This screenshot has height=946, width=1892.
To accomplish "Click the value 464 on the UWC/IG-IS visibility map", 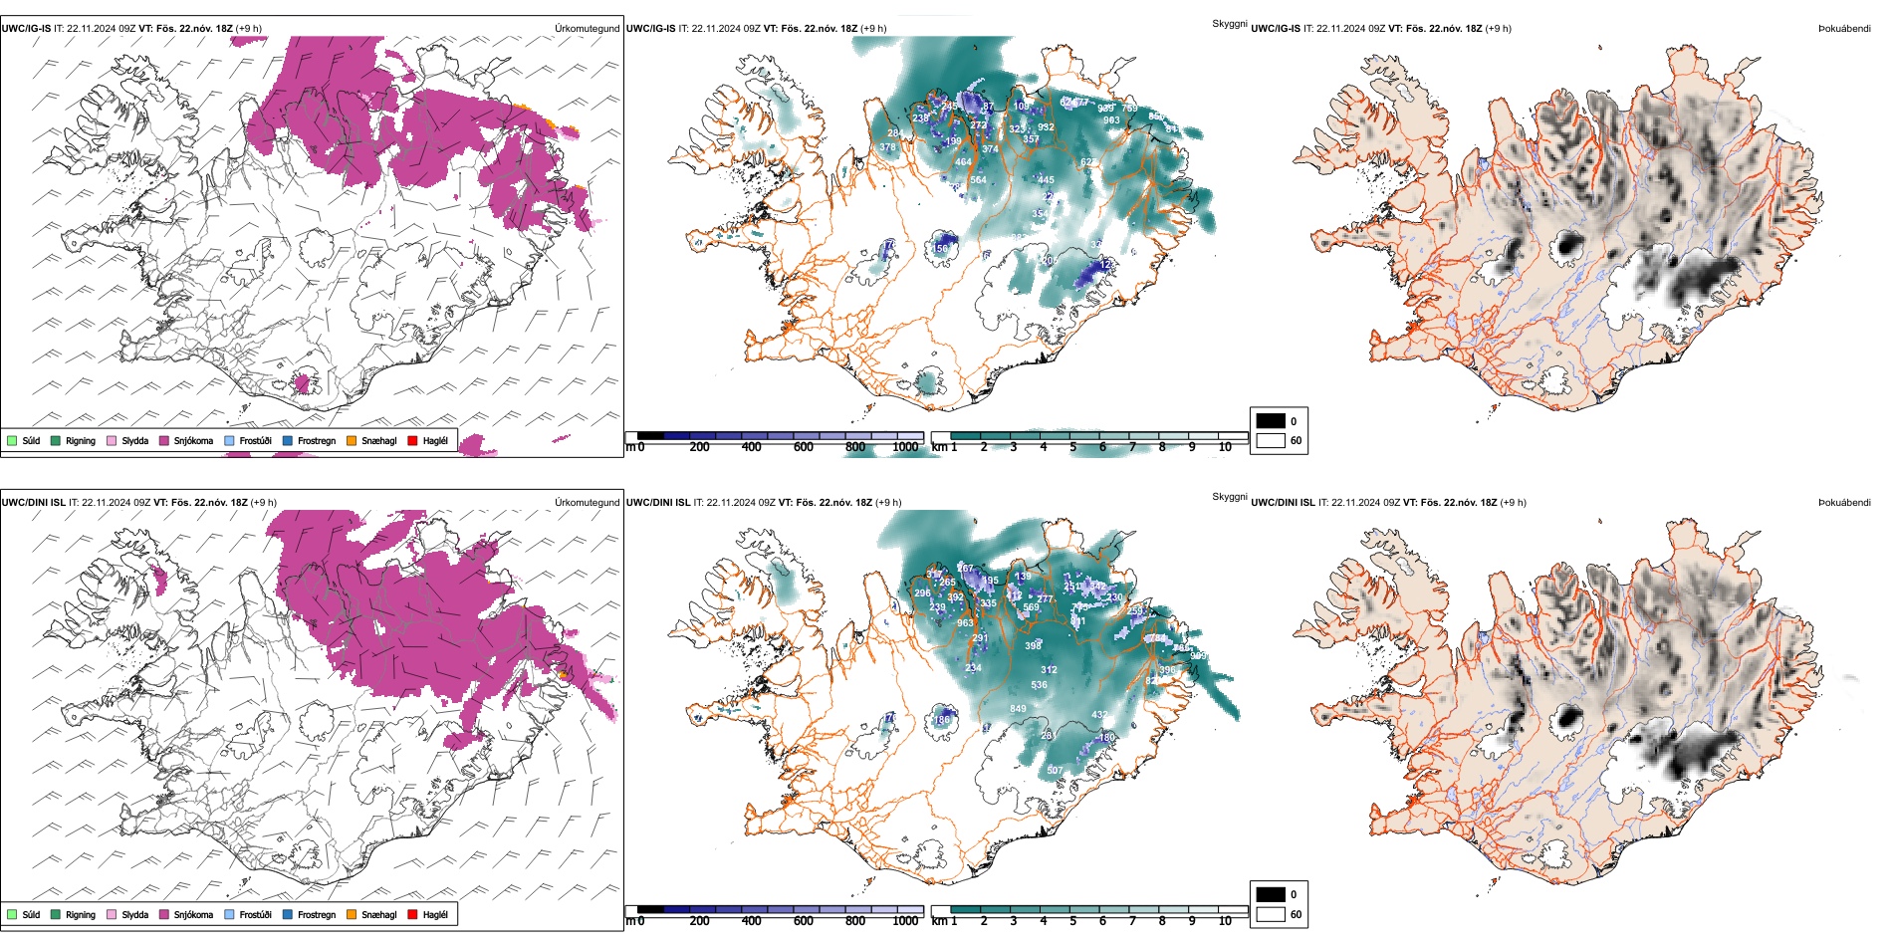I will pyautogui.click(x=963, y=162).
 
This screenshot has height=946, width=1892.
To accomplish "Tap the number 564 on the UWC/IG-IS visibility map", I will pyautogui.click(x=978, y=180).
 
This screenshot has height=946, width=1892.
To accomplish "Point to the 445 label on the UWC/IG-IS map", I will pyautogui.click(x=1046, y=180).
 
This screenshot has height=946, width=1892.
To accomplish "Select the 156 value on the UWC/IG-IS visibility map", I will pyautogui.click(x=941, y=249).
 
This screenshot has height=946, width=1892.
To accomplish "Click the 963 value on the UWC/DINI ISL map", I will pyautogui.click(x=965, y=623).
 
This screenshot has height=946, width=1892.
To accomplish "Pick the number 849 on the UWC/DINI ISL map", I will pyautogui.click(x=1018, y=709).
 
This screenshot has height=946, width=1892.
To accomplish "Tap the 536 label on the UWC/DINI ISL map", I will pyautogui.click(x=1039, y=685).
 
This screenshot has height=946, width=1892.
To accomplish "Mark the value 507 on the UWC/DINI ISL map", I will pyautogui.click(x=1055, y=771).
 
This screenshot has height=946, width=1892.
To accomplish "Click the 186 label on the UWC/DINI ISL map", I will pyautogui.click(x=941, y=720).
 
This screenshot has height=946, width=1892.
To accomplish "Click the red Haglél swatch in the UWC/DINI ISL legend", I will pyautogui.click(x=413, y=914).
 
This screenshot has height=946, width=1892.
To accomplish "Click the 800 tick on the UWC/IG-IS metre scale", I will pyautogui.click(x=854, y=447).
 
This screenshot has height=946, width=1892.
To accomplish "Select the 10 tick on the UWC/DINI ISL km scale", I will pyautogui.click(x=1225, y=921).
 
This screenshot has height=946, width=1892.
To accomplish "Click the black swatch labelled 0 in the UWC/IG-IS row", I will pyautogui.click(x=1271, y=421).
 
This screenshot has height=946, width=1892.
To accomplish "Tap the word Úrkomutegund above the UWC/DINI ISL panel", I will pyautogui.click(x=587, y=503).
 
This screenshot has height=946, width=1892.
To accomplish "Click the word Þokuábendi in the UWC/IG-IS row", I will pyautogui.click(x=1844, y=29).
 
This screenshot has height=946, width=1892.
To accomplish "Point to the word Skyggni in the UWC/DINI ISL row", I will pyautogui.click(x=1229, y=496).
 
